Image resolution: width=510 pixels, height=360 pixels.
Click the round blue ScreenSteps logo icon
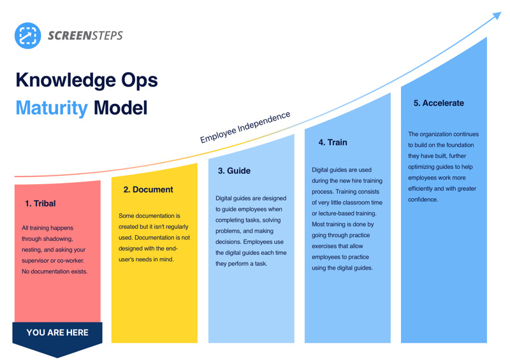(27, 36)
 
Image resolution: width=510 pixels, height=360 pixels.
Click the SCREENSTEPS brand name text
(85, 36)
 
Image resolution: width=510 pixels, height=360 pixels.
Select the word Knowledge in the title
(66, 81)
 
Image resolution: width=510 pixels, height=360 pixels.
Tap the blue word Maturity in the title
(52, 108)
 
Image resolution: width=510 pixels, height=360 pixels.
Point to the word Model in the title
(120, 108)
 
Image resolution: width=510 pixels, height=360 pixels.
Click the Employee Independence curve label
(245, 127)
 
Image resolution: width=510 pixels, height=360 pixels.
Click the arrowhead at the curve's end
(497, 15)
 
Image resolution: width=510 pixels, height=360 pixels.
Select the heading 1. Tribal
(40, 204)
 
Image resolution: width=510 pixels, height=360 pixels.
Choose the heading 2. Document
(149, 190)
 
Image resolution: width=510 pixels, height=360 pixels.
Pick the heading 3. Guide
(234, 171)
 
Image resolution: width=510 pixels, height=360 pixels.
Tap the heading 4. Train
(333, 143)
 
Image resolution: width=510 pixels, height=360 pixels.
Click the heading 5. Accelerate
(439, 103)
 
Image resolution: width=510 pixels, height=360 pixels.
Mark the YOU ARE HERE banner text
(57, 333)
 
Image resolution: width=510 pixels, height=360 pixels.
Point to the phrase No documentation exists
(55, 271)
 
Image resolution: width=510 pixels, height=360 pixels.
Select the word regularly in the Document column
(177, 227)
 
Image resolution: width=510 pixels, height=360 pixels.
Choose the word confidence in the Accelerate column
(423, 199)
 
